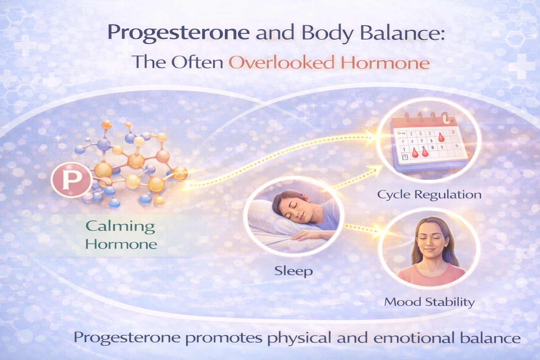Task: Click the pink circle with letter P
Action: point(71,179)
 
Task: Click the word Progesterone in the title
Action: point(179,33)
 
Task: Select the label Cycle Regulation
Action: point(429,194)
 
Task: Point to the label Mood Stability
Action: point(429,302)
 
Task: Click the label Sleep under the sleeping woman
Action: point(293,271)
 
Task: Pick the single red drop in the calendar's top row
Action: point(441,137)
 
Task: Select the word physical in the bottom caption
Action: point(299,338)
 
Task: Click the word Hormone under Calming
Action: point(121,244)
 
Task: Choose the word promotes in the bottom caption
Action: point(224,338)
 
